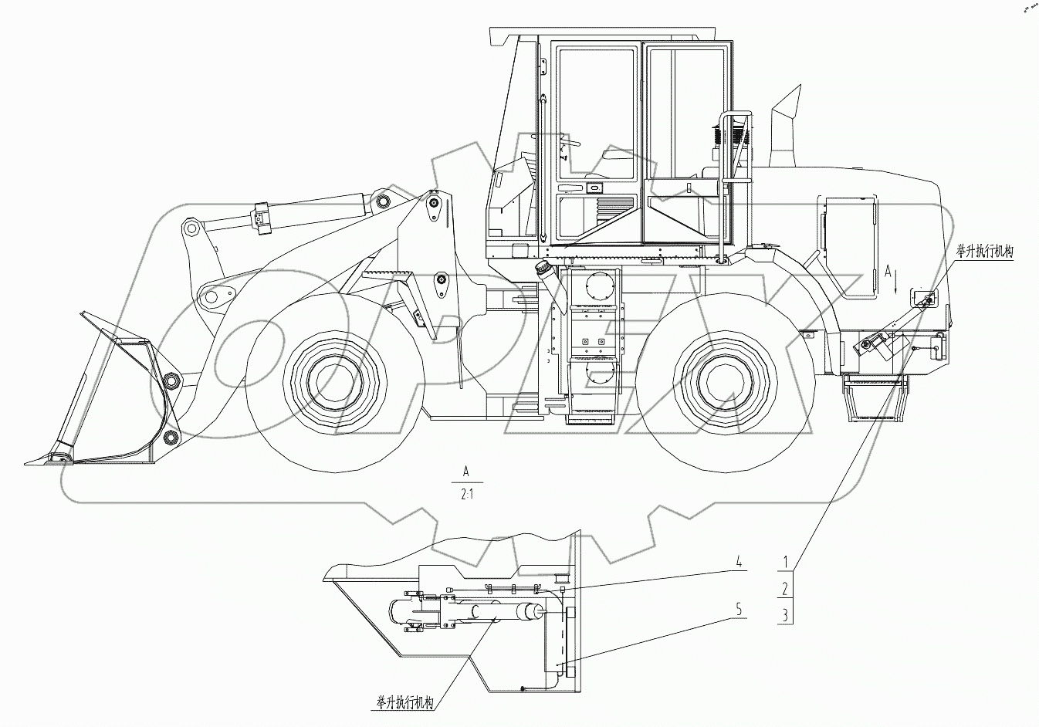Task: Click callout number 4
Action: coord(739,563)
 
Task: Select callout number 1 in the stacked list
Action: coord(785,563)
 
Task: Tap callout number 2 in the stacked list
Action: coord(785,590)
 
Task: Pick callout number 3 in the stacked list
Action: coord(785,615)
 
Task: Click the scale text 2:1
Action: coord(467,495)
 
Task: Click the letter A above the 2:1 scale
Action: coord(465,470)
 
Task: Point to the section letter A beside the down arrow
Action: coord(888,271)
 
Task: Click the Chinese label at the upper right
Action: coord(984,251)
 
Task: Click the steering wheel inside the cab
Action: coord(570,144)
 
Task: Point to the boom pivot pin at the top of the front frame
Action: coord(433,204)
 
